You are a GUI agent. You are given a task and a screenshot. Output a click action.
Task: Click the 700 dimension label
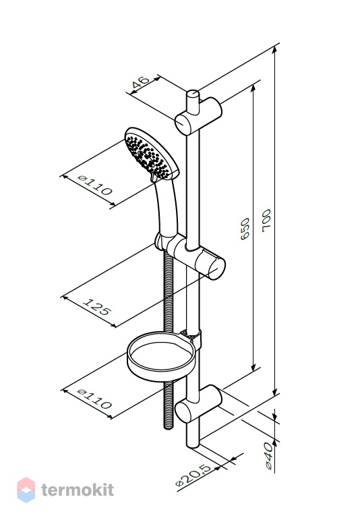(266, 221)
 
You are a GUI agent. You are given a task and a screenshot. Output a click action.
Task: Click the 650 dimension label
(245, 229)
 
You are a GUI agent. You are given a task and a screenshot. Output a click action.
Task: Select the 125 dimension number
(96, 307)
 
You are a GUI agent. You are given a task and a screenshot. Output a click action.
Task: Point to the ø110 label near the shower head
(95, 185)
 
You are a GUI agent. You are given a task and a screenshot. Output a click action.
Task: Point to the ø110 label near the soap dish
(94, 399)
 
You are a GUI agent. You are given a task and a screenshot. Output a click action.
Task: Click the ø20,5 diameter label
(193, 475)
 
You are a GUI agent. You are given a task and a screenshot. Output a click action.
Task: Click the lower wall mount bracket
(198, 403)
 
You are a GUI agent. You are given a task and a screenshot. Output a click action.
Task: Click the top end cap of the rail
(192, 93)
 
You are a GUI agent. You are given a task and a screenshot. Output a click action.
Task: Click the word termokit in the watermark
(78, 490)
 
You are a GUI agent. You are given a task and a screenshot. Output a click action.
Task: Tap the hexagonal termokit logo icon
(26, 490)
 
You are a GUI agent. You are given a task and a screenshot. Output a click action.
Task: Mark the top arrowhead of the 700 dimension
(274, 49)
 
